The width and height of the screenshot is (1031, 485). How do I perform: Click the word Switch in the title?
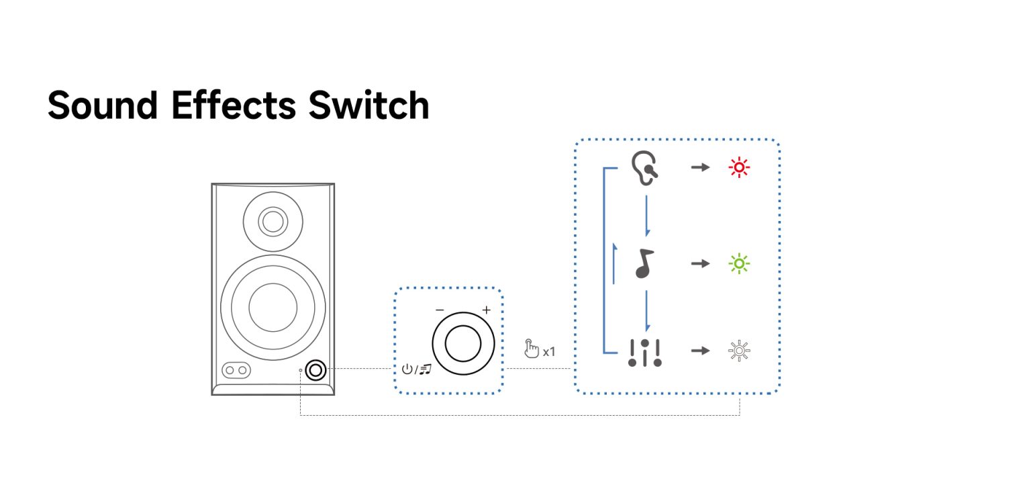[x=369, y=105]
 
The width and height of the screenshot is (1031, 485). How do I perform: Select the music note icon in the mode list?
[x=644, y=264]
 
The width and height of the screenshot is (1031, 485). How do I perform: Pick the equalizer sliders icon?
[x=644, y=352]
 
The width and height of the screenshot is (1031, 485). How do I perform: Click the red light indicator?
[x=740, y=167]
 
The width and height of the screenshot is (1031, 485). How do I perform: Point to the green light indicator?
[x=740, y=264]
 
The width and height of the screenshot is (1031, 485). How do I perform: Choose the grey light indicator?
[x=740, y=351]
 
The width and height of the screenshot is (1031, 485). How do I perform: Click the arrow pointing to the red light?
[x=700, y=167]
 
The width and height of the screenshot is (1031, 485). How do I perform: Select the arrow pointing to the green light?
[x=700, y=264]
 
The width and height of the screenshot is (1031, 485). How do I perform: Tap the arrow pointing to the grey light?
[x=700, y=351]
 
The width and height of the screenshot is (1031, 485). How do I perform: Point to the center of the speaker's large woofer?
[x=273, y=307]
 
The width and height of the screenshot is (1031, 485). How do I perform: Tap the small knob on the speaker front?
[x=315, y=369]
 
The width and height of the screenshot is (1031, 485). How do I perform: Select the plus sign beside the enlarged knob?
[x=486, y=310]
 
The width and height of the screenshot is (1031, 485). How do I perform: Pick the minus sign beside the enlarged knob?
[x=440, y=310]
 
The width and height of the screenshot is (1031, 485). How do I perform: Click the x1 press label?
[x=548, y=351]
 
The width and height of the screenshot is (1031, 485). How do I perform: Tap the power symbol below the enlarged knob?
[x=407, y=369]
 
